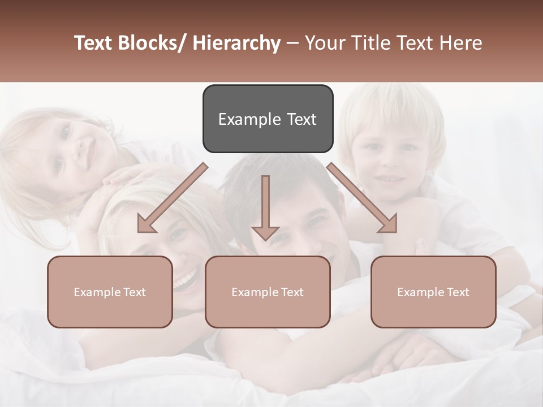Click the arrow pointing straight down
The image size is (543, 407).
pyautogui.click(x=265, y=209)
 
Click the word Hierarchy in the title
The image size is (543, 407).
pyautogui.click(x=236, y=43)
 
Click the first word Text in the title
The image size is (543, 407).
pyautogui.click(x=93, y=43)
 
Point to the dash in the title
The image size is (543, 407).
pyautogui.click(x=292, y=43)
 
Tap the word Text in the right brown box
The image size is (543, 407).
pyautogui.click(x=457, y=292)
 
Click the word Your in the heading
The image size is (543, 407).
pyautogui.click(x=325, y=43)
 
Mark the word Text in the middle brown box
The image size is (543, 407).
pyautogui.click(x=291, y=292)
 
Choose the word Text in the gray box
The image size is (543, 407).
pyautogui.click(x=300, y=119)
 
